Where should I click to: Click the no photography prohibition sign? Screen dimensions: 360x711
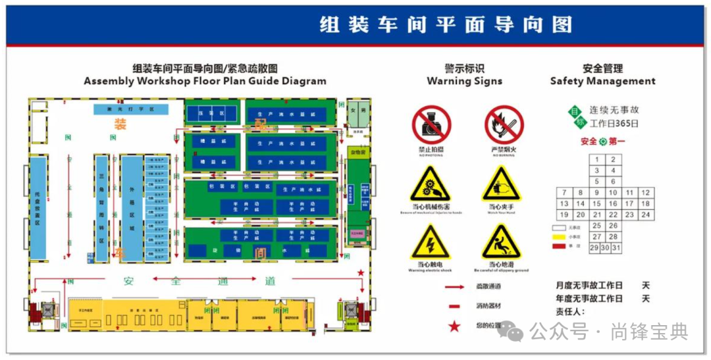tap(431, 125)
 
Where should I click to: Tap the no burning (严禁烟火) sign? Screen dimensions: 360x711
tap(504, 125)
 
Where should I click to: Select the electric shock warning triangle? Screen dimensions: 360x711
tap(431, 243)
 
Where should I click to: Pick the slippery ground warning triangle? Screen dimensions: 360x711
tap(501, 243)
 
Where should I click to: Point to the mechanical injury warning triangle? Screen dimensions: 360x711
tap(431, 185)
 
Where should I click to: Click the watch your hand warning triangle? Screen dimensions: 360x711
tap(501, 185)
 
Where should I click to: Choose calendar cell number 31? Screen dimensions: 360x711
tap(617, 247)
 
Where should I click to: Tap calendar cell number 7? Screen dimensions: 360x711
tap(564, 193)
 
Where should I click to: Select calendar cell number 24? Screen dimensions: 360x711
tap(646, 215)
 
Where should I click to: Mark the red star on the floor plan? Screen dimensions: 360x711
tap(360, 272)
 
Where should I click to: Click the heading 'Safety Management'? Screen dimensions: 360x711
tap(602, 82)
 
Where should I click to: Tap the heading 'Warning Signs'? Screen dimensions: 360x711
tap(464, 82)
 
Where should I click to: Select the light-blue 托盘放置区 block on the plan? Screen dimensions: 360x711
tap(38, 207)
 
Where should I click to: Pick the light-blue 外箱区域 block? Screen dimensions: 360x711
tap(132, 207)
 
